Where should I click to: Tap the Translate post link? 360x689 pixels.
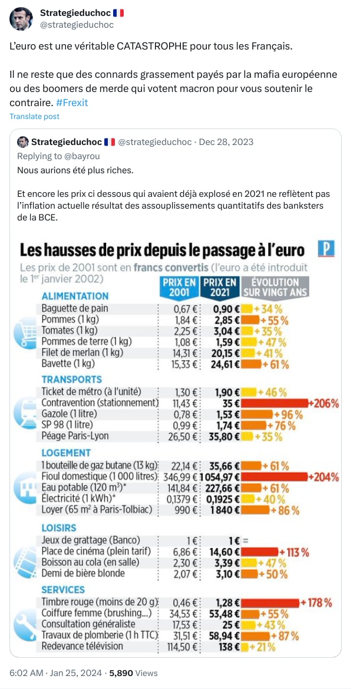point(34,117)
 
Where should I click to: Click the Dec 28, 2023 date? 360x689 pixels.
point(226,142)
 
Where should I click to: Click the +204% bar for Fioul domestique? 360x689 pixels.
point(275,476)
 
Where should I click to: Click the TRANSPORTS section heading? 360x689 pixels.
point(71,380)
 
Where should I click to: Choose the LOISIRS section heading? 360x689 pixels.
point(59,528)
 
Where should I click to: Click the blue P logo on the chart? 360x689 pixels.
point(326,249)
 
